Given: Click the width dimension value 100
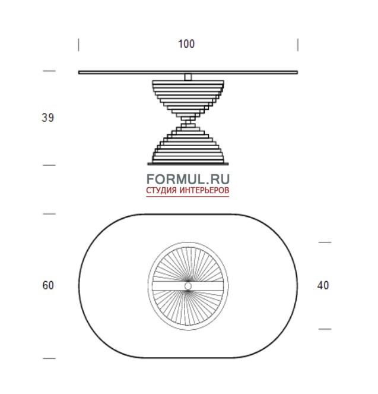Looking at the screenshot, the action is (186, 44).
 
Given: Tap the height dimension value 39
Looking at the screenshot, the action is (47, 118).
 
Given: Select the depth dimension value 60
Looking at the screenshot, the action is (48, 285).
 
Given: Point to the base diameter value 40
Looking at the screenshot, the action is (323, 285).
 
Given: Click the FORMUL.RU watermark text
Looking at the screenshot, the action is (188, 179).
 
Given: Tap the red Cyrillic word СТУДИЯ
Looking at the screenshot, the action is (161, 190).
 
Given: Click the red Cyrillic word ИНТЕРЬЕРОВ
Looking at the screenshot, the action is (204, 190).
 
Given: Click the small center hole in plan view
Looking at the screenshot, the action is (188, 286).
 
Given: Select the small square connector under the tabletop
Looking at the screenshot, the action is (188, 77).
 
